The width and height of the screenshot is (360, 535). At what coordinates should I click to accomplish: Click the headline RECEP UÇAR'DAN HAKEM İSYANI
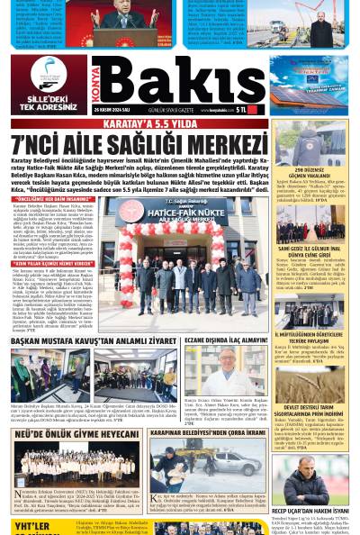pos(310,509)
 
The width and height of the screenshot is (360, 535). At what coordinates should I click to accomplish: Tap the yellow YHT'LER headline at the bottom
pos(31,526)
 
